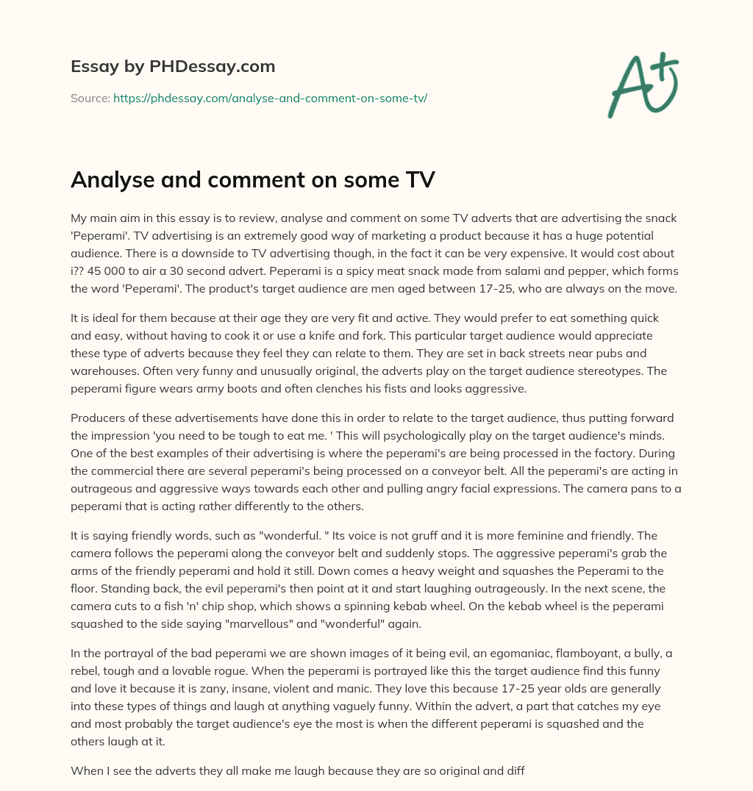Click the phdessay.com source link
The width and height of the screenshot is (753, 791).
click(270, 98)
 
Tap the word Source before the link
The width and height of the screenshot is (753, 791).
click(89, 98)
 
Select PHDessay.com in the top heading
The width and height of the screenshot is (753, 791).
click(212, 67)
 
